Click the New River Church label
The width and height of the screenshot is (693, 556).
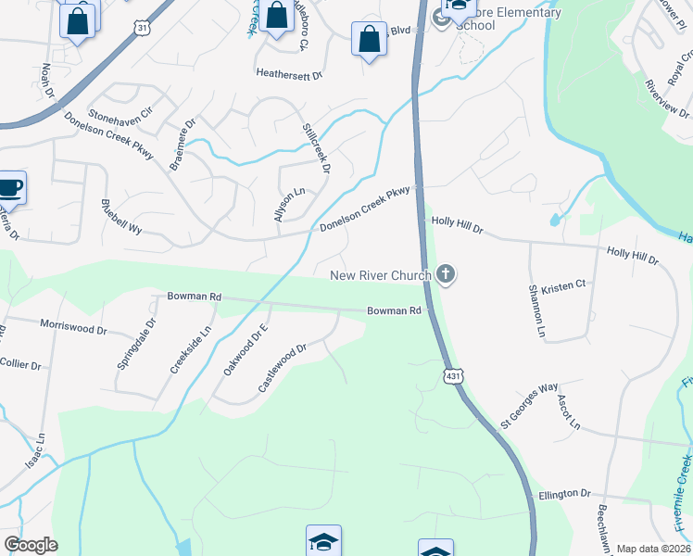381,275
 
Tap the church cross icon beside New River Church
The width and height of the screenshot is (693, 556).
446,273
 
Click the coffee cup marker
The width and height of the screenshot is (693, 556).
10,188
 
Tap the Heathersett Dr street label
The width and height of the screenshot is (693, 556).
289,75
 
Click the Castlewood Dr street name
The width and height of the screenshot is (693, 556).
282,367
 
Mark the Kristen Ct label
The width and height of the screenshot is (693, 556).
564,286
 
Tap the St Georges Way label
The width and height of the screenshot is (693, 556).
529,405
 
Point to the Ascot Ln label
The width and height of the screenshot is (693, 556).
568,413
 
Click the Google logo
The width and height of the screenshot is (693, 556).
31,544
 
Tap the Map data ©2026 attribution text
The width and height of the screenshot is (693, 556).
653,549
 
